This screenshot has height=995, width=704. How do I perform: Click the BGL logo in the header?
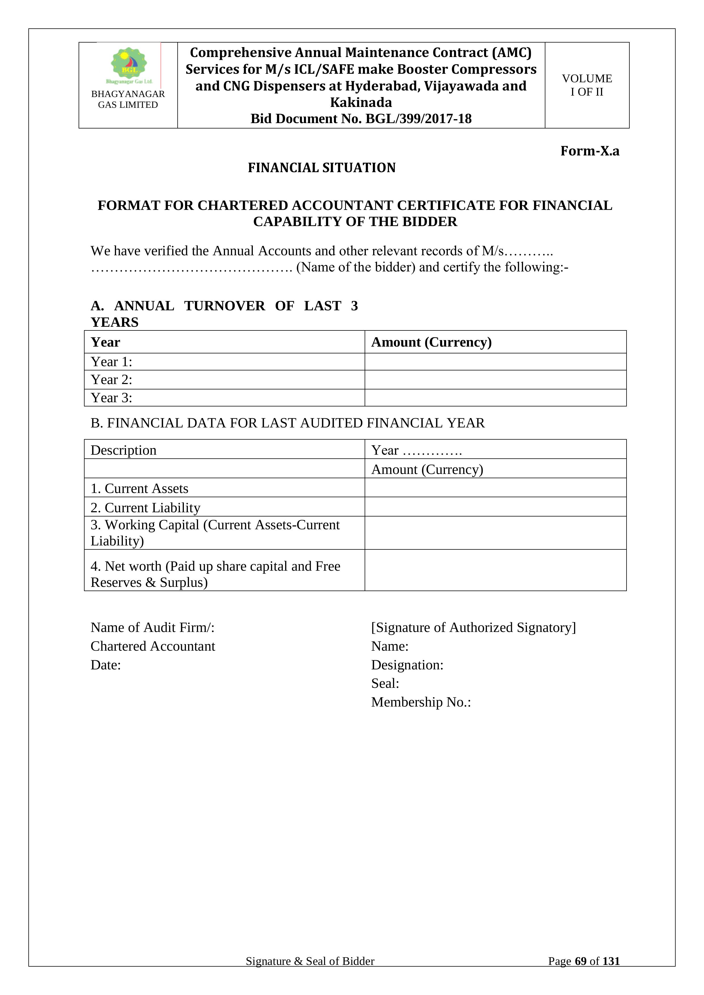pyautogui.click(x=129, y=65)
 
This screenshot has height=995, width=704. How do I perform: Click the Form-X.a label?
pyautogui.click(x=590, y=151)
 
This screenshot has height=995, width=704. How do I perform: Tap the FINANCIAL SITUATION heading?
pyautogui.click(x=322, y=168)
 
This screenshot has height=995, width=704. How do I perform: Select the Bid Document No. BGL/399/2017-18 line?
pyautogui.click(x=361, y=119)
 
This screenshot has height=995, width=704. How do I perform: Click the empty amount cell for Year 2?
pyautogui.click(x=495, y=380)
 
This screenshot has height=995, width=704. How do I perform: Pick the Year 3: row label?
pyautogui.click(x=112, y=398)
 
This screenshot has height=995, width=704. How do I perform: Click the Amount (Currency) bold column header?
pyautogui.click(x=431, y=342)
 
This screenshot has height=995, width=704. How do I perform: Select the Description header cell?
pyautogui.click(x=123, y=450)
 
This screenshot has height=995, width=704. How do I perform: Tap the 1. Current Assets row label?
pyautogui.click(x=140, y=488)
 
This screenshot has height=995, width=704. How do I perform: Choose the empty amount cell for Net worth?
pyautogui.click(x=495, y=570)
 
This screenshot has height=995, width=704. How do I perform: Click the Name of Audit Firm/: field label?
pyautogui.click(x=153, y=627)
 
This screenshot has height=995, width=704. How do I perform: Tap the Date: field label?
pyautogui.click(x=106, y=665)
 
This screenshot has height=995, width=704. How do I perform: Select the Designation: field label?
pyautogui.click(x=407, y=665)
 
